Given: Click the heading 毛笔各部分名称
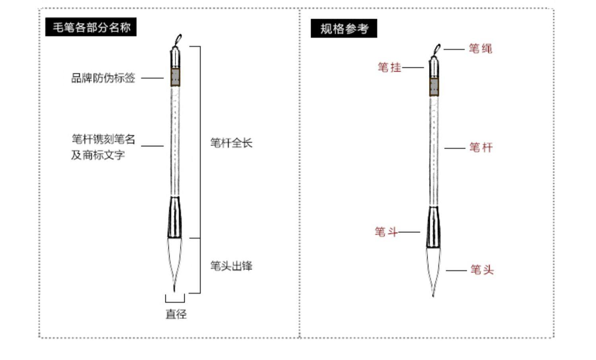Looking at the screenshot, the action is [x=91, y=27].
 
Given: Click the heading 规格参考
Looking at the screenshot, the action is [x=344, y=29].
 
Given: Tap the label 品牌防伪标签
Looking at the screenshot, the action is [x=103, y=78].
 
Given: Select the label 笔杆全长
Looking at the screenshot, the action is [x=231, y=143].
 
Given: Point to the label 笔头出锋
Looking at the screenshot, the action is [x=231, y=266].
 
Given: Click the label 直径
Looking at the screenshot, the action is [x=176, y=314].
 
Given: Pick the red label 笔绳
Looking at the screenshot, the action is [x=480, y=49].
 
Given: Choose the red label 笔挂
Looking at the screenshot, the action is [x=389, y=67].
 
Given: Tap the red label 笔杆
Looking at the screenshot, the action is [x=481, y=148].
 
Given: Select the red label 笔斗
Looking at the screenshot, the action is [x=386, y=232].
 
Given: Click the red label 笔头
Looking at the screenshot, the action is [x=482, y=270].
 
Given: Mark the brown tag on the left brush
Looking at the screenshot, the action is [x=175, y=77].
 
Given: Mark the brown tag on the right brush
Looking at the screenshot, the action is [x=434, y=87].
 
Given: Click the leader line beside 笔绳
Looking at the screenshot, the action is [x=454, y=49].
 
